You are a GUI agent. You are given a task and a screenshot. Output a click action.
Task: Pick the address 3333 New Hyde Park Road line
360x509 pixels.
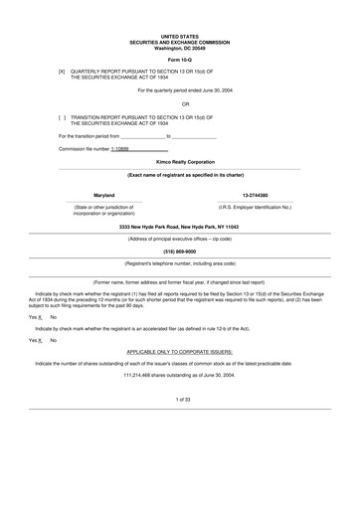[x=179, y=227]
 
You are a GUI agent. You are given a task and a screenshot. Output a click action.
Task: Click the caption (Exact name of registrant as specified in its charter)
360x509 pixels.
[x=179, y=174]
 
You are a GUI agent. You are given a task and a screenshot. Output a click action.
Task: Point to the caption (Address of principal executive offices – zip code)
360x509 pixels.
[x=179, y=239]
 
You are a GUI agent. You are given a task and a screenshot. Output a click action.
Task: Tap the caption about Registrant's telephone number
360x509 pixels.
[x=179, y=263]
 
